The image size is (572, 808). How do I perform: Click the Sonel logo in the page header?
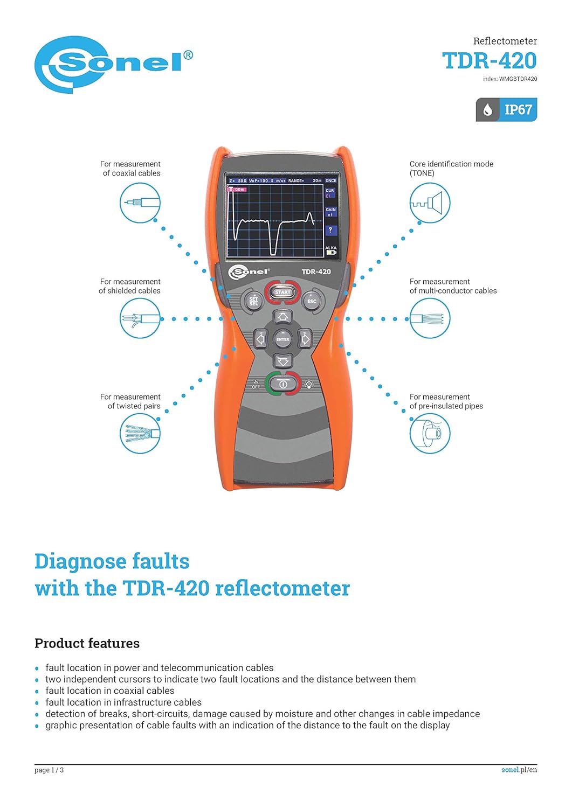pos(113,65)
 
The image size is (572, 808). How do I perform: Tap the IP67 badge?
pos(506,110)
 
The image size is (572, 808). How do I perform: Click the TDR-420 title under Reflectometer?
pos(489,61)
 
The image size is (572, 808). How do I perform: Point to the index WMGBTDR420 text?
pos(510,79)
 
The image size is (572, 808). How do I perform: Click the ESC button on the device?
pos(312,301)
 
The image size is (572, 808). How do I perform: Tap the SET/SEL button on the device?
pos(253,301)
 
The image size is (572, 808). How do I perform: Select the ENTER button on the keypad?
pos(283,339)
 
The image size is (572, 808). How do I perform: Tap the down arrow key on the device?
pos(283,360)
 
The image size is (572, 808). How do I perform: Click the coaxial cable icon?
pos(140,203)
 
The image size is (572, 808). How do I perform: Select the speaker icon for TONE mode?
pos(430,203)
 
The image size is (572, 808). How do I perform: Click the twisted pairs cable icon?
pos(140,434)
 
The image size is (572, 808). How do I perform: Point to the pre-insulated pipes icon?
pos(430,434)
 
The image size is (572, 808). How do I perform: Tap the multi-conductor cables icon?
pos(430,318)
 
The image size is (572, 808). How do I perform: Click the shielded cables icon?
pos(140,318)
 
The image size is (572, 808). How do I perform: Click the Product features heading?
pos(87,643)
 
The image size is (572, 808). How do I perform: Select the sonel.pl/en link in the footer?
pos(519,770)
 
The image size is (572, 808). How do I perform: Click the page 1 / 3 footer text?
pos(49,770)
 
